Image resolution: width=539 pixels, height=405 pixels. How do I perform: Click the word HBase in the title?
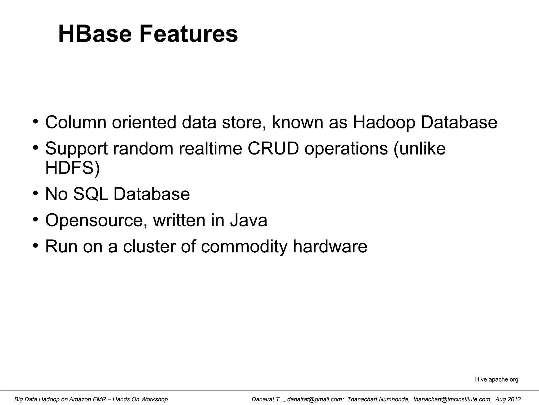click(x=95, y=34)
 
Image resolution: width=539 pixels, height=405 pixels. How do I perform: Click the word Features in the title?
click(x=188, y=34)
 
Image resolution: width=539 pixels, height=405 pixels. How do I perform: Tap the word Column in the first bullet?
click(x=76, y=122)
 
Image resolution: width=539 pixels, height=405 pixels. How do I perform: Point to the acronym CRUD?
click(x=273, y=148)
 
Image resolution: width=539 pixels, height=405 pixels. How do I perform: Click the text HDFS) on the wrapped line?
click(x=73, y=168)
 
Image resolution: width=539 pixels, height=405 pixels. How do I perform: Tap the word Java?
click(x=248, y=220)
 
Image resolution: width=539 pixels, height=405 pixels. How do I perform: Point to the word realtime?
click(x=210, y=148)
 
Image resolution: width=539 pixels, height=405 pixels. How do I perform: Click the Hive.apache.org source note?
click(x=496, y=379)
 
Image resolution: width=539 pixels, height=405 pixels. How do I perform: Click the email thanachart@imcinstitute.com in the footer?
click(x=452, y=399)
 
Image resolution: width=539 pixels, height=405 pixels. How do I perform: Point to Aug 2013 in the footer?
click(x=508, y=399)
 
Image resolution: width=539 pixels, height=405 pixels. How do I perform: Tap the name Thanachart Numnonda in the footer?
click(x=378, y=399)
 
